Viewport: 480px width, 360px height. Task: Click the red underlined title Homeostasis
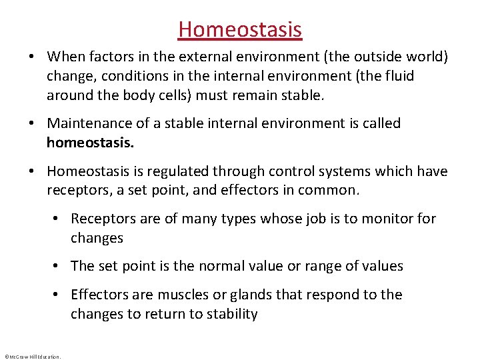tap(240, 29)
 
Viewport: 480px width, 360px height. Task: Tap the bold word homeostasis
tap(90, 143)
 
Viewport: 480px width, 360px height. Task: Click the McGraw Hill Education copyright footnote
tap(33, 357)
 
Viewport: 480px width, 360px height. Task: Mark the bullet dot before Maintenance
tap(32, 123)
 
